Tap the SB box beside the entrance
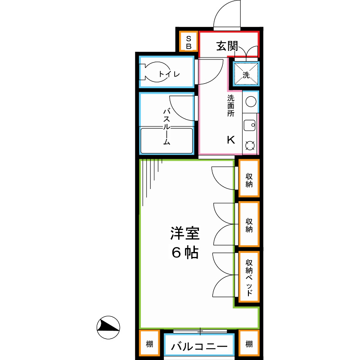click(189, 42)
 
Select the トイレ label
click(169, 74)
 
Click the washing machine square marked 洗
click(246, 74)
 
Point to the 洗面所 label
click(231, 106)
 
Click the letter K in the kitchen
click(230, 140)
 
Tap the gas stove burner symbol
click(250, 145)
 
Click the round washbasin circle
click(251, 102)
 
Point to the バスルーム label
click(166, 126)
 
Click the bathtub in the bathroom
click(167, 141)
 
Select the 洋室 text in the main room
click(184, 234)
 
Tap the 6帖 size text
click(184, 252)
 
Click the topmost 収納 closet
click(249, 179)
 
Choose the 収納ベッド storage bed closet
click(249, 276)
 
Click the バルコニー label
click(199, 347)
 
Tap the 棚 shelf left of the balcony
click(148, 344)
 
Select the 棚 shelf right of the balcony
click(249, 344)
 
